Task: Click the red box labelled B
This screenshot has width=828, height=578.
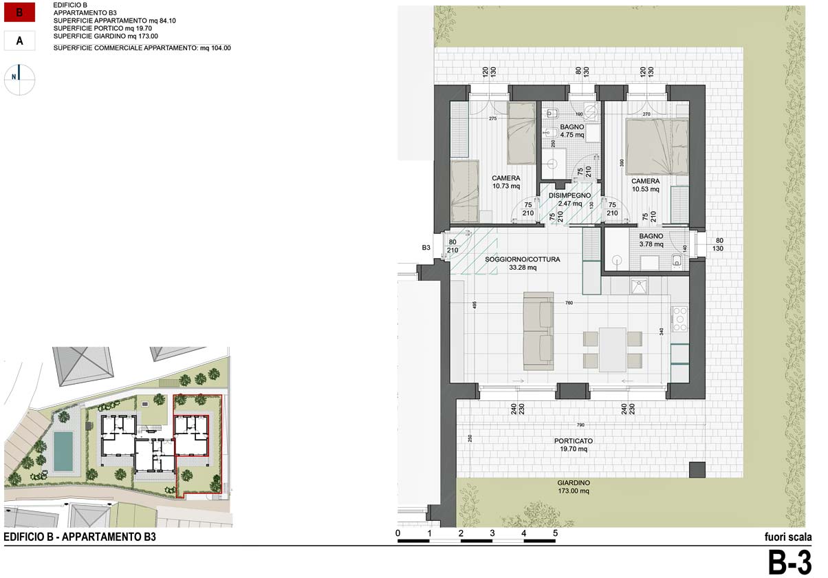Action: (x=19, y=12)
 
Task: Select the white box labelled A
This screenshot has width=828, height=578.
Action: (x=19, y=41)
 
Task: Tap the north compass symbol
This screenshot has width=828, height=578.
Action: (x=20, y=77)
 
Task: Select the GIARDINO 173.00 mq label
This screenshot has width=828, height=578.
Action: (x=574, y=487)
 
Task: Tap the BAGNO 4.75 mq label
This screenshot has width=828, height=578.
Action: (x=571, y=131)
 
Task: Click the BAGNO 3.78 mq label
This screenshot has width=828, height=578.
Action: (x=651, y=239)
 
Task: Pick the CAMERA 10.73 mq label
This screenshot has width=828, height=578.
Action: (x=505, y=182)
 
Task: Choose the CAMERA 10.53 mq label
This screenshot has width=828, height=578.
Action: (x=645, y=184)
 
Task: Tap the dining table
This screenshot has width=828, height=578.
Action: (x=612, y=349)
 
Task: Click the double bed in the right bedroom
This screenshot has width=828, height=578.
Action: (x=657, y=145)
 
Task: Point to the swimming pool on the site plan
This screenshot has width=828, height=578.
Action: (x=64, y=451)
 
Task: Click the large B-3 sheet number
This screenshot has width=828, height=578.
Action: (x=789, y=563)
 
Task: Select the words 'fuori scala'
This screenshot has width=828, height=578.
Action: (x=788, y=537)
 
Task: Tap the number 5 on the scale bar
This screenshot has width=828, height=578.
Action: (x=555, y=533)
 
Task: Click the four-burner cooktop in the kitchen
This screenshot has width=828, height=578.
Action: (x=679, y=319)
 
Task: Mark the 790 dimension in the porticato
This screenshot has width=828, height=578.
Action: (x=580, y=425)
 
